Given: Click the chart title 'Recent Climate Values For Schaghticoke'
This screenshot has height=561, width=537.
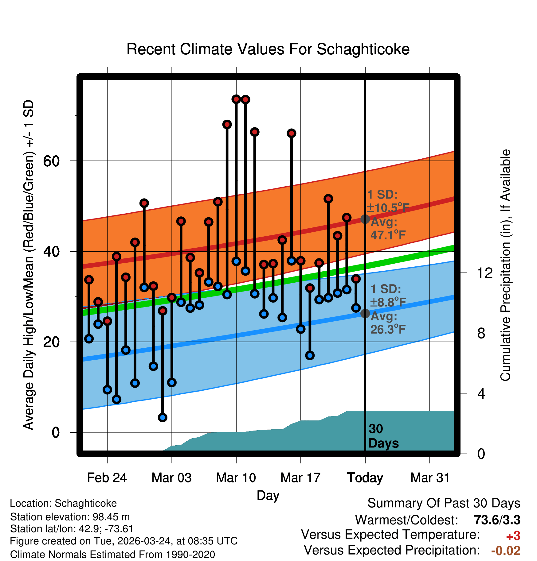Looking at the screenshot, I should pos(268,49).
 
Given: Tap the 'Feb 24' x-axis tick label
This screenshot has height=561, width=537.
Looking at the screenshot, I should pos(107,478).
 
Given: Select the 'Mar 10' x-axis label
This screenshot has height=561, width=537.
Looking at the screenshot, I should pos(236,478).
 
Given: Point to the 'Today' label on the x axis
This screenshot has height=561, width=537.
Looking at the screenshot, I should pos(365,478).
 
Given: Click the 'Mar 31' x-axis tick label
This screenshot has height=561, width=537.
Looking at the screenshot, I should pos(430,478).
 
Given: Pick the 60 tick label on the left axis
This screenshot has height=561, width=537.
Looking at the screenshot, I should pos(51,161).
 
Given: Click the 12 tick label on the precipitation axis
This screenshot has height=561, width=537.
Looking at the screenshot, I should pos(484,273).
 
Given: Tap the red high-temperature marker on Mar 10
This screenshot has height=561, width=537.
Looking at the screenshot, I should pos(236,99).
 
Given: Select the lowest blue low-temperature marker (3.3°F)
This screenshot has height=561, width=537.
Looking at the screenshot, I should pos(163,417).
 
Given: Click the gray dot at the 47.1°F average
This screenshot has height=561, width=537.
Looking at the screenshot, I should pos(365,219).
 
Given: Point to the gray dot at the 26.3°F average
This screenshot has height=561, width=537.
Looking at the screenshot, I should pos(365,314).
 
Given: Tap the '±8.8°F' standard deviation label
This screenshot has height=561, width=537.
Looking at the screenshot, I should pos(388,303).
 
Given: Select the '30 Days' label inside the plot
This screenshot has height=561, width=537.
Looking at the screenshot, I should pos(383,436).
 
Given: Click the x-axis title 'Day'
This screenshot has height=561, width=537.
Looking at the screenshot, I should pos(268,496).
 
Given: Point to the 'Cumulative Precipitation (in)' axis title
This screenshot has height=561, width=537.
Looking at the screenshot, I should pos(506,265).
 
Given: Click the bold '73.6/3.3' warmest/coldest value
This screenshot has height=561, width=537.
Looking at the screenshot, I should pos(497,520).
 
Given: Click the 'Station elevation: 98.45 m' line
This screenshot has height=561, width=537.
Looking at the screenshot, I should pos(70,517).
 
